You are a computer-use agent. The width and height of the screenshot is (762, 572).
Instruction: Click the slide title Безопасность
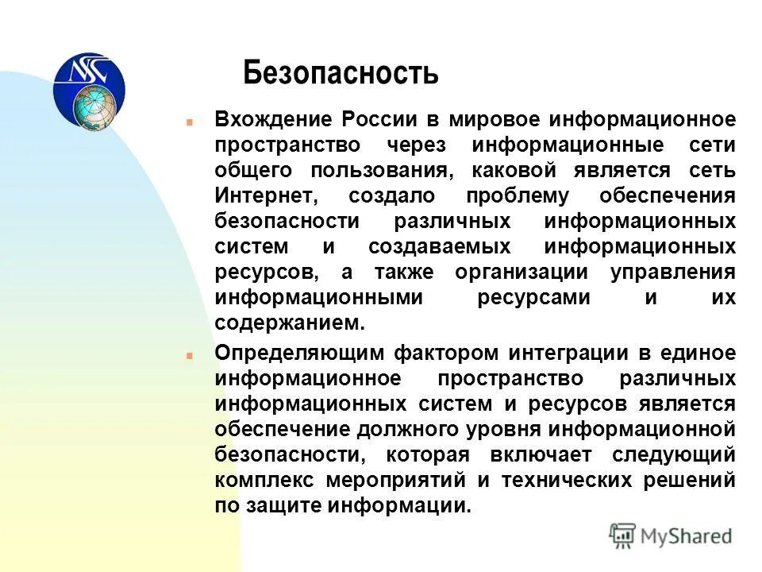[x=341, y=73]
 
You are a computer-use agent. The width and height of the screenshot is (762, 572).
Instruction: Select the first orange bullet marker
[x=190, y=122]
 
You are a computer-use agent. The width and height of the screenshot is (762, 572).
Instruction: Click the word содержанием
[x=290, y=323]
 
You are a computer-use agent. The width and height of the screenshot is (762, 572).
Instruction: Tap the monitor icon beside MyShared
[x=623, y=536]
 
